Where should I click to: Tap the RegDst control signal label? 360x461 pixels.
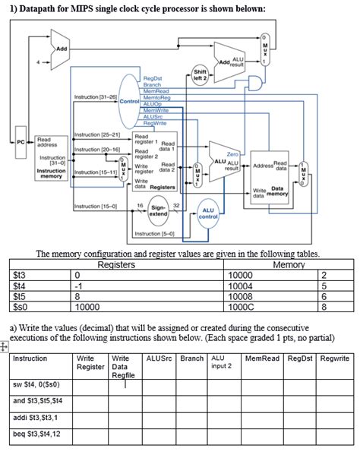click(153, 79)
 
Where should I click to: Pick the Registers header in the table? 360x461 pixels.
click(117, 266)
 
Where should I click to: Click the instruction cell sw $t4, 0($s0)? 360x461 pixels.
click(36, 385)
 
